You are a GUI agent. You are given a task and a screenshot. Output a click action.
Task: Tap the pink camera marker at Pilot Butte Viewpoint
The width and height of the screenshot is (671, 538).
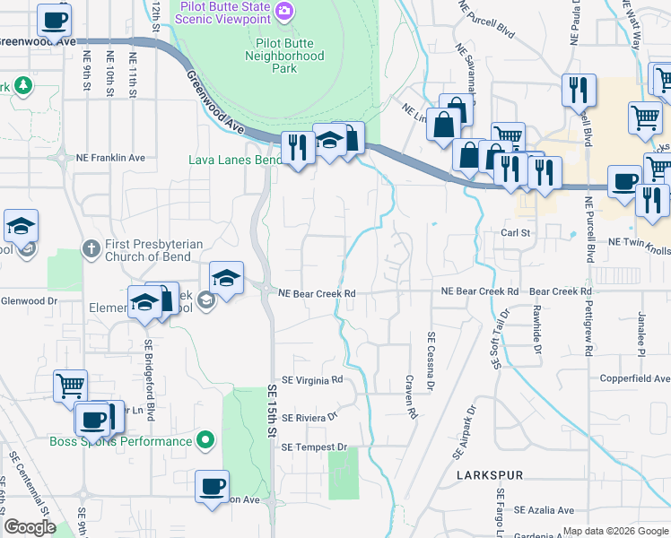click(x=284, y=11)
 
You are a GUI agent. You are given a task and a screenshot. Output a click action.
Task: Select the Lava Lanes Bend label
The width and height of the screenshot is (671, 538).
click(x=235, y=160)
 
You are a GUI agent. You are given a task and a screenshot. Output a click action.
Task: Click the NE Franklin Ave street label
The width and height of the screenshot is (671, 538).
click(x=111, y=158)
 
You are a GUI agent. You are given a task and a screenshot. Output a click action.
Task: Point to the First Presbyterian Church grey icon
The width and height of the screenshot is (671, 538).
click(x=90, y=247)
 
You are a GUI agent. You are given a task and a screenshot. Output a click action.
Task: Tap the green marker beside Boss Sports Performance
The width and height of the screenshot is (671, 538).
click(x=205, y=440)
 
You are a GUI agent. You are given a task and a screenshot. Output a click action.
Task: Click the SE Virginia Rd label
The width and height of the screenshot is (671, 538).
click(x=312, y=380)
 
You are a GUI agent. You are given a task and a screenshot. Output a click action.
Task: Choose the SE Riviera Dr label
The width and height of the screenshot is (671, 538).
click(x=309, y=418)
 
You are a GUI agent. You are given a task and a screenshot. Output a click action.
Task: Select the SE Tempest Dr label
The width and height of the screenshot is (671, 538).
click(x=313, y=447)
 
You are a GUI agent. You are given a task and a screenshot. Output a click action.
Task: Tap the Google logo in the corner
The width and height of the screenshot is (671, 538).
click(x=30, y=527)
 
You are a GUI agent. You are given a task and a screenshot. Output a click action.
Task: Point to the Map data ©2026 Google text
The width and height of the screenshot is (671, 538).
click(x=615, y=531)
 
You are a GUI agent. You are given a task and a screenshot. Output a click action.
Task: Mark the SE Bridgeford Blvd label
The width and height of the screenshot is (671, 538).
click(x=150, y=381)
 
